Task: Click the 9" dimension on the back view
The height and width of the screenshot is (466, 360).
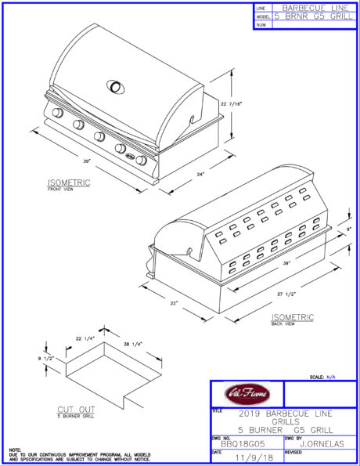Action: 349,229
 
